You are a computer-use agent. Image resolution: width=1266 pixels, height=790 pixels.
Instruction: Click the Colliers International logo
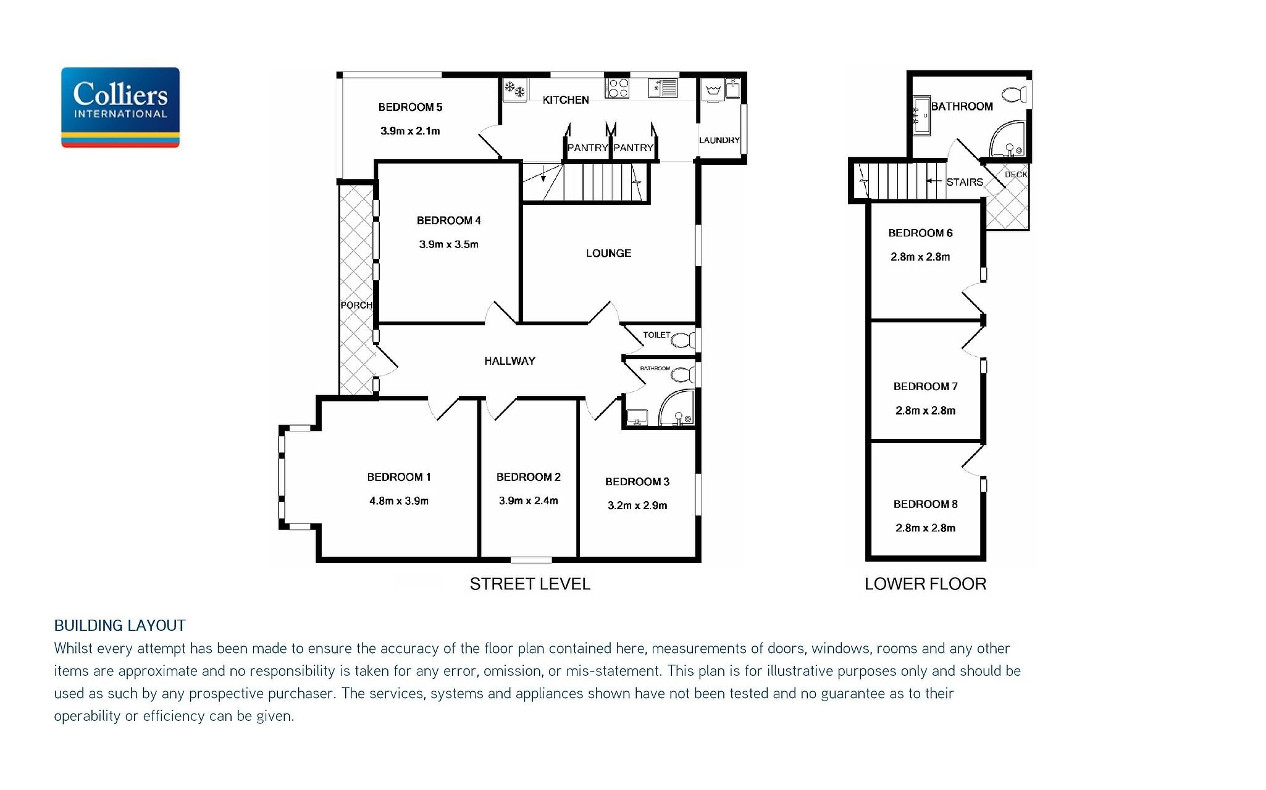120,107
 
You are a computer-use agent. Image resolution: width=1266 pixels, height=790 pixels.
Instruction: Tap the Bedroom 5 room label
410,107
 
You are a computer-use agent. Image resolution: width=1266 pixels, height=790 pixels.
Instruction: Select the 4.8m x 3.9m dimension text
399,501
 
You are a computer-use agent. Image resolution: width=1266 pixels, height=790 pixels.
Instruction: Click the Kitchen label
566,100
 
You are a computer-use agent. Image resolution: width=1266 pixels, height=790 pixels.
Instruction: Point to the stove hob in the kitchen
617,88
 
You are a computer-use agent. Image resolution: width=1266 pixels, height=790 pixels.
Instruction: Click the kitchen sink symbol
663,88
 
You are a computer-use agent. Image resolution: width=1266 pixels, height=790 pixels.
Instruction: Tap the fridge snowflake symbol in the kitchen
514,90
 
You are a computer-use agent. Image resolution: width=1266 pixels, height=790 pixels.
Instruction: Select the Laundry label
719,140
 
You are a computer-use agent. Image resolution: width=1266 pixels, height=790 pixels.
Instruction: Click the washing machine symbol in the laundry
713,90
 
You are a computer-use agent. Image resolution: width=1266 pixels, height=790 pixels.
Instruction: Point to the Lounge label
608,253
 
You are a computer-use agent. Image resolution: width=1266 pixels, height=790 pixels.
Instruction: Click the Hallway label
509,361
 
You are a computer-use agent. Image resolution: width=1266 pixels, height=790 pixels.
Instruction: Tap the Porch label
356,306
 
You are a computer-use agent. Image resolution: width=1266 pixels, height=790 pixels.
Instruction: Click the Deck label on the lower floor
1016,175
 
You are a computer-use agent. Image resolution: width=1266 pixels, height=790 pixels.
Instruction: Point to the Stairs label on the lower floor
965,182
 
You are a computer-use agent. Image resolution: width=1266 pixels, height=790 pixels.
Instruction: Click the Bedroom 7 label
925,386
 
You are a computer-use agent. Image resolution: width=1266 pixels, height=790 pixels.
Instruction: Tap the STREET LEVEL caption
530,584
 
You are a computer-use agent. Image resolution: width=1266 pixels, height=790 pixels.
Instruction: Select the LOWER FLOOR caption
925,584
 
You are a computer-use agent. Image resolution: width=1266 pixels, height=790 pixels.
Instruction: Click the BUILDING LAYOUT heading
120,625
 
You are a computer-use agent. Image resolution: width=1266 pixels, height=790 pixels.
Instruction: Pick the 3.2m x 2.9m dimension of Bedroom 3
637,505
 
